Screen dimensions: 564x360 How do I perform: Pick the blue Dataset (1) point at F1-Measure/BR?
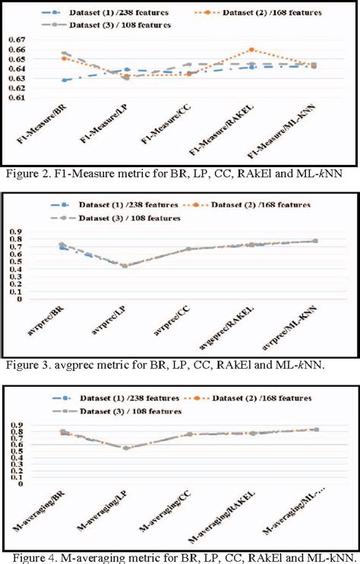pos(65,80)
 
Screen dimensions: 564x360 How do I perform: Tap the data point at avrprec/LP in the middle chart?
pos(125,265)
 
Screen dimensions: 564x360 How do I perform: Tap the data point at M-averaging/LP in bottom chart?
pos(125,448)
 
